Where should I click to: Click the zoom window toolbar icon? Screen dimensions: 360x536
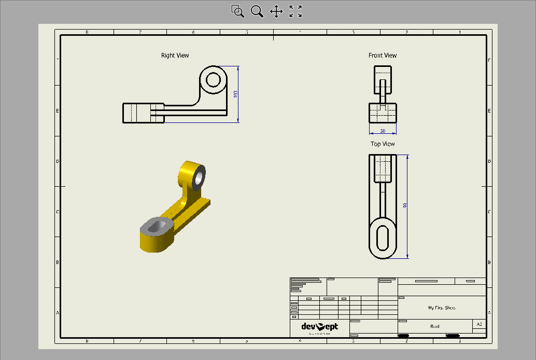[237, 11]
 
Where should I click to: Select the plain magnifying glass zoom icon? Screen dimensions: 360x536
[257, 11]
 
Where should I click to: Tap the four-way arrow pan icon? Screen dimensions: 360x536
[276, 11]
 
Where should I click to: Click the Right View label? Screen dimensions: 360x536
[175, 56]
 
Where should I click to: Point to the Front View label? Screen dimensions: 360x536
[383, 56]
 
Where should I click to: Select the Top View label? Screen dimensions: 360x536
[383, 144]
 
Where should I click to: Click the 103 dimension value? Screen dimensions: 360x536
[235, 94]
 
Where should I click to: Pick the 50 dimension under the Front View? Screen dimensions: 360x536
[383, 131]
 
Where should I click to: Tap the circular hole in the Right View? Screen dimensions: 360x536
[213, 80]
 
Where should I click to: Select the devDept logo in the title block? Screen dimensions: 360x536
[320, 327]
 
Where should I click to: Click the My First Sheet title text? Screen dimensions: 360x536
[442, 308]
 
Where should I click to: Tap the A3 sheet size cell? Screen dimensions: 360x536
[479, 324]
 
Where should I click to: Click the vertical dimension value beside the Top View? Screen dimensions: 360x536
[405, 205]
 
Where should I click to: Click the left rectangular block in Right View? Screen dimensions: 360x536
[143, 113]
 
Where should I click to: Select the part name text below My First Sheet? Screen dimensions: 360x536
[435, 326]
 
